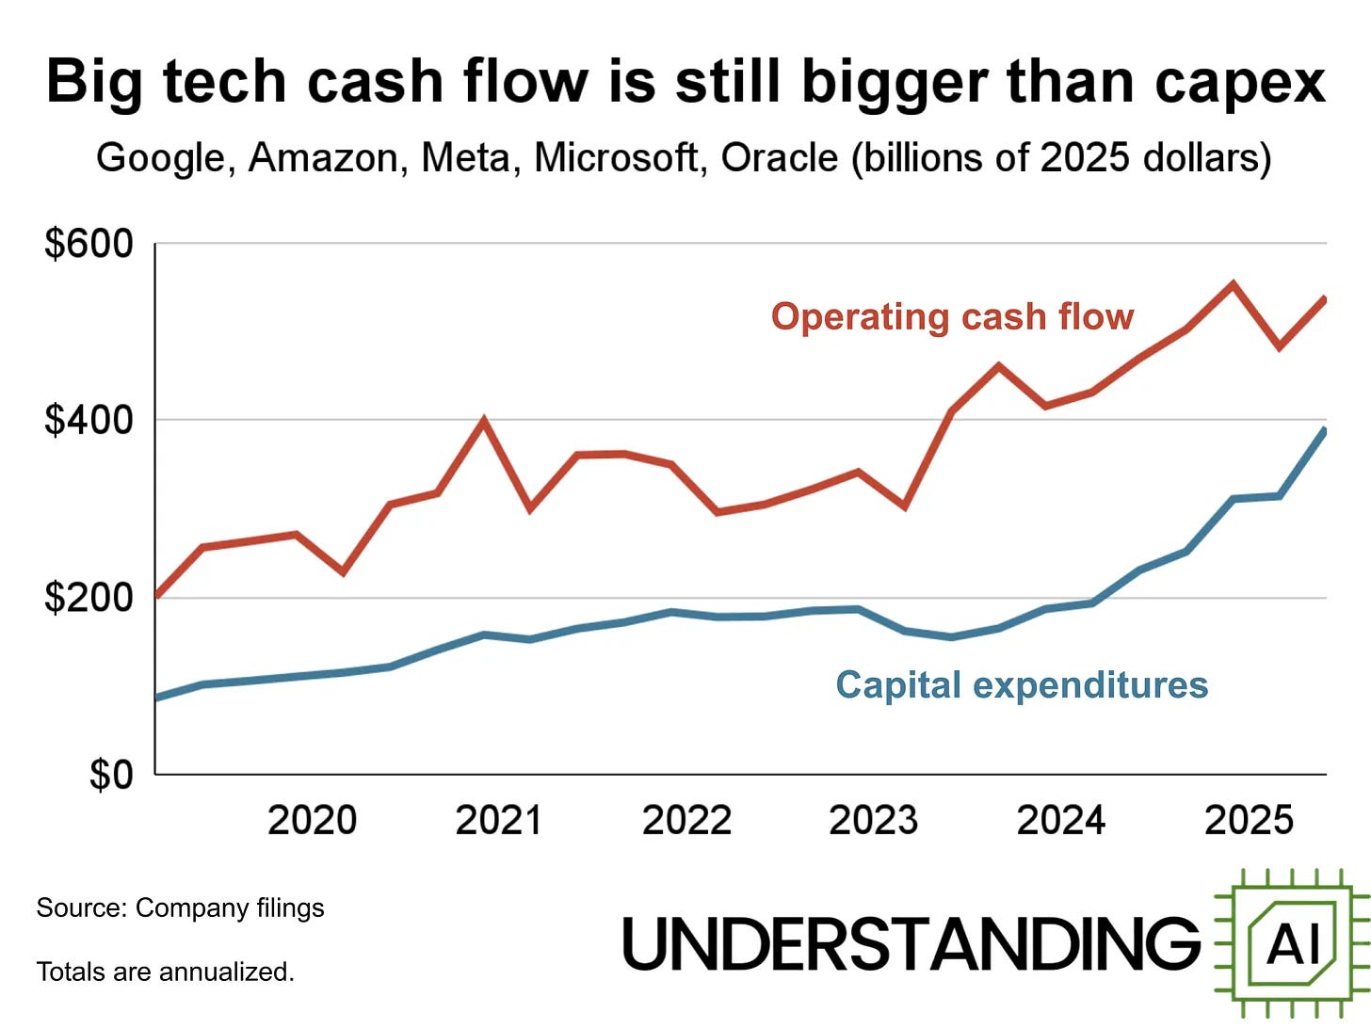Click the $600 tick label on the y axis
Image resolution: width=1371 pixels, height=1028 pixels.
(x=89, y=244)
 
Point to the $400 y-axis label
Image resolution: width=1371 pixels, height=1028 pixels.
(x=89, y=420)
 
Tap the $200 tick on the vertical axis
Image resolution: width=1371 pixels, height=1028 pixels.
(x=89, y=597)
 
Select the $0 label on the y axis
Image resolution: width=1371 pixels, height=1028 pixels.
(x=111, y=775)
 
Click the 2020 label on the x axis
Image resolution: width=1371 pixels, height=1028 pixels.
(x=312, y=820)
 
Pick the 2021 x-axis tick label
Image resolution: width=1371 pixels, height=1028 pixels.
(x=499, y=820)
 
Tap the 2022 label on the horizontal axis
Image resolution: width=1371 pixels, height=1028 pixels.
(x=686, y=820)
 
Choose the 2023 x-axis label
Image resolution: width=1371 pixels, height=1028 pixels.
(x=873, y=820)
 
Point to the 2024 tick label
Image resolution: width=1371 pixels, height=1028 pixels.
(x=1060, y=820)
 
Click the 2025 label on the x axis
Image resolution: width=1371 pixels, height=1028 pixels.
(x=1249, y=820)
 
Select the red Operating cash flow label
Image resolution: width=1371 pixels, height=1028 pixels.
(x=952, y=317)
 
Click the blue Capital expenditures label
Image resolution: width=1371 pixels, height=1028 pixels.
(x=1022, y=684)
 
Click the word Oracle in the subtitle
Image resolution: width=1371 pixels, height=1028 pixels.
(x=779, y=157)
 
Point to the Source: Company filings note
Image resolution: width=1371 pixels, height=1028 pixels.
(x=180, y=908)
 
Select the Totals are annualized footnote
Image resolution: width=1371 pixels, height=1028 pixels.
(x=165, y=971)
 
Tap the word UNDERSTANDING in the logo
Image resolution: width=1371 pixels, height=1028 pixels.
(x=911, y=943)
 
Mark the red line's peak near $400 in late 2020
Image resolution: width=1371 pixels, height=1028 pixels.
(x=483, y=420)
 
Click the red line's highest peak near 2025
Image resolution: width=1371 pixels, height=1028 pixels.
(x=1233, y=283)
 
